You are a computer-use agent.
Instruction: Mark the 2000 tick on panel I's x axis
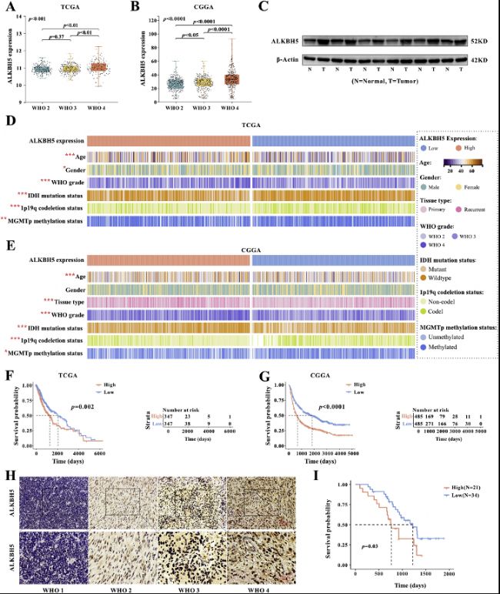coord(448,575)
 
